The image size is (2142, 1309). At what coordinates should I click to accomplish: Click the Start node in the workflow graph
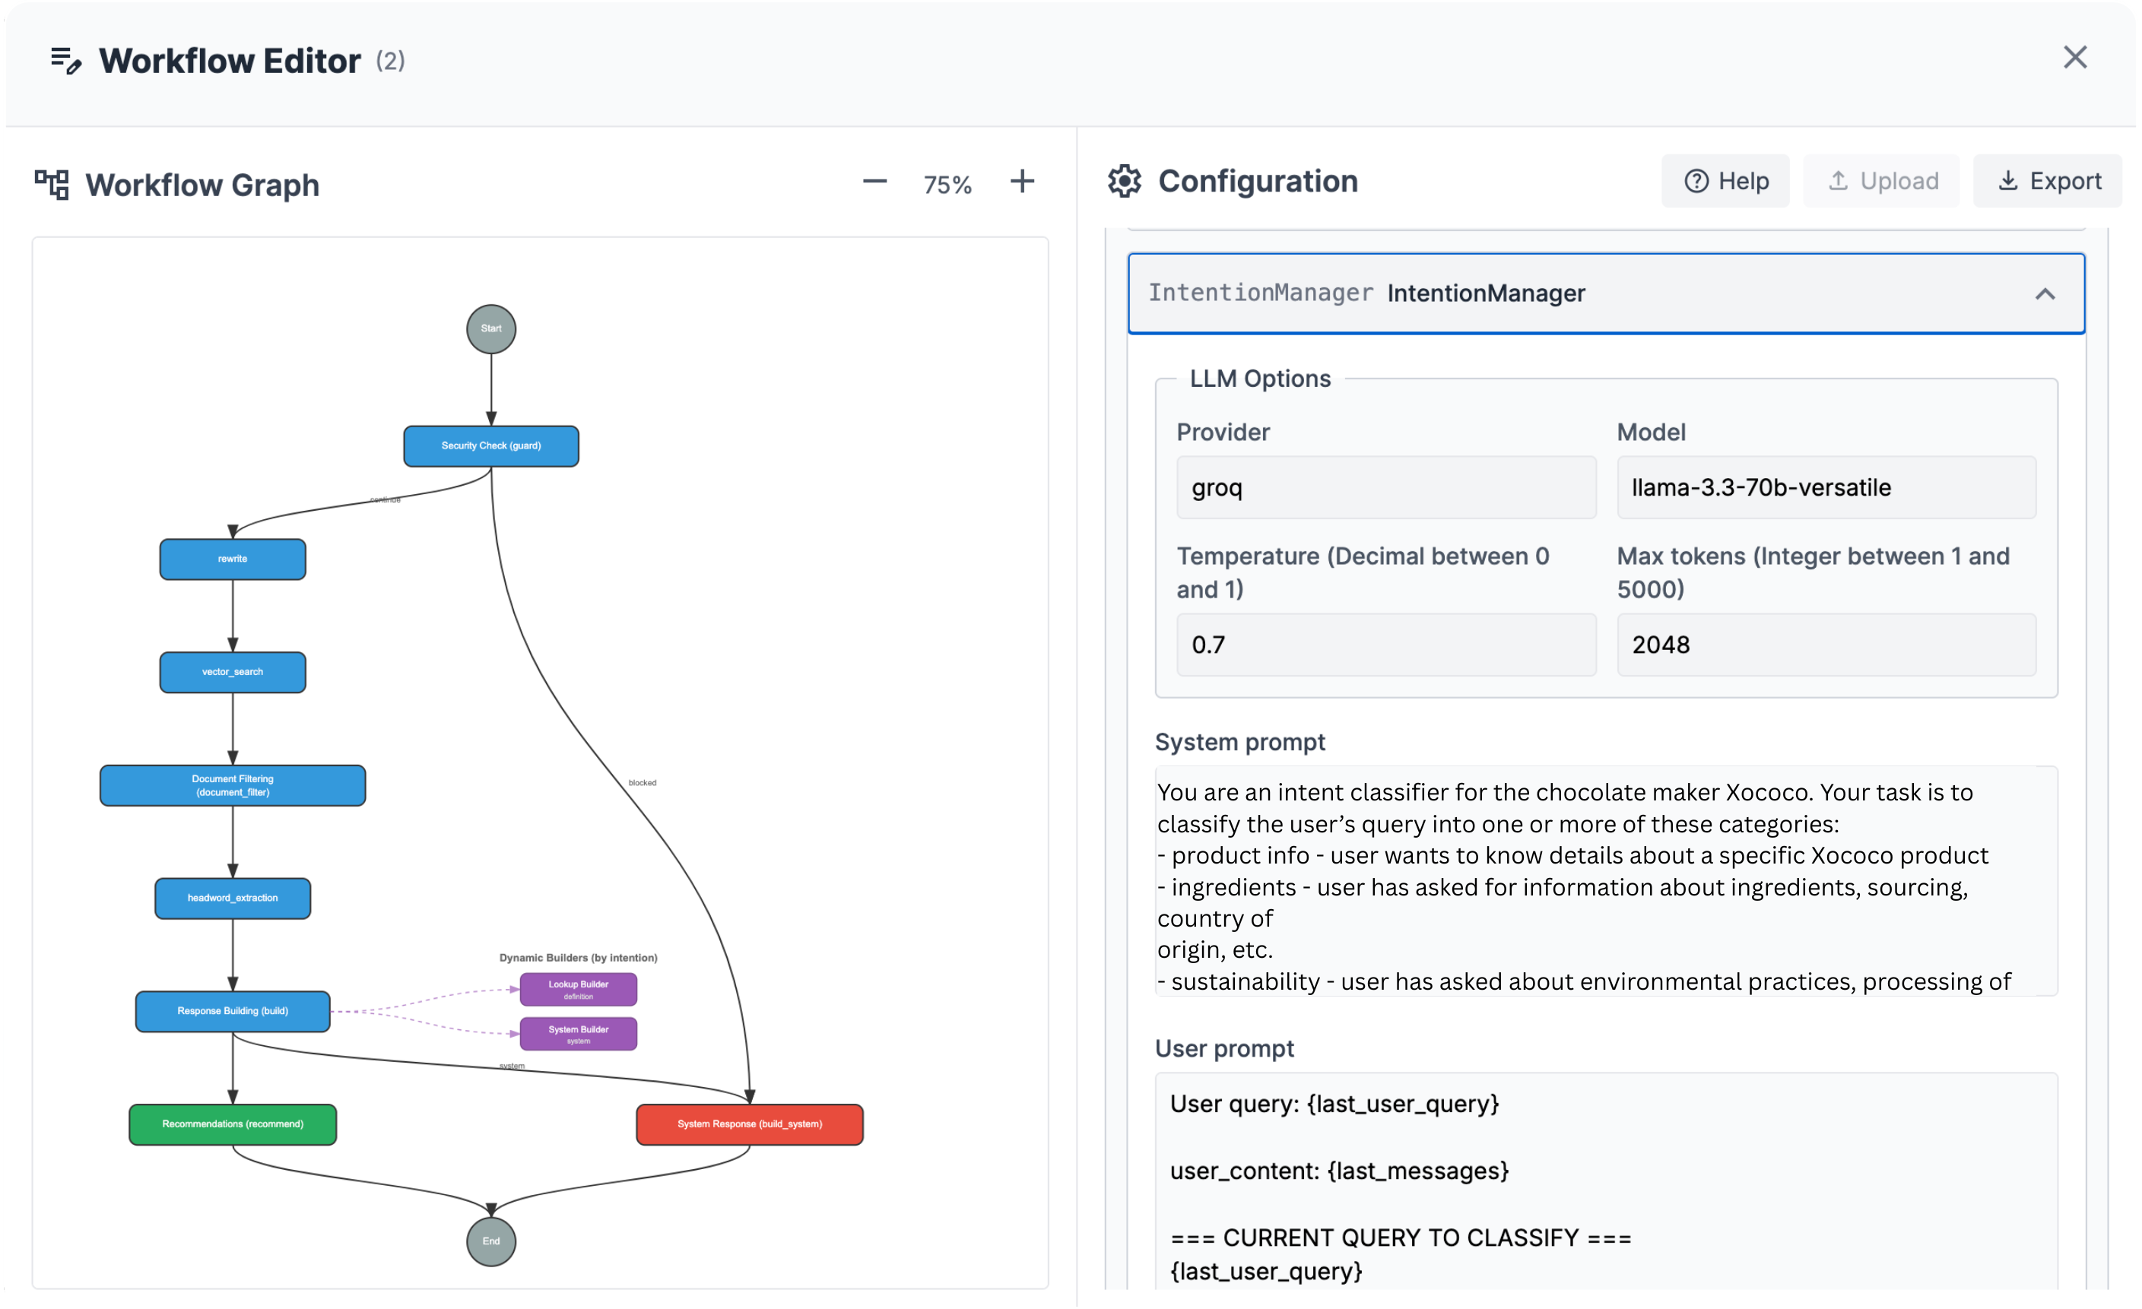[491, 328]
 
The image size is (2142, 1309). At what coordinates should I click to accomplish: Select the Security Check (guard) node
[491, 446]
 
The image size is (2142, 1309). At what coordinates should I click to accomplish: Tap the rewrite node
[232, 559]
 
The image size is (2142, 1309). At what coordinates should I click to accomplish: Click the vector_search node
[232, 672]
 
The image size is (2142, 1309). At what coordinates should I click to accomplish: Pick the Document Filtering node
[232, 786]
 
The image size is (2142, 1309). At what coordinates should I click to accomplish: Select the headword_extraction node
[232, 898]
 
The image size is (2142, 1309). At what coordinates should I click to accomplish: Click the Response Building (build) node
[232, 1011]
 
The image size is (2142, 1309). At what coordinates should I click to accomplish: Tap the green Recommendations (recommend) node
[232, 1124]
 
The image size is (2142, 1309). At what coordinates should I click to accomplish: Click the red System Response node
[749, 1124]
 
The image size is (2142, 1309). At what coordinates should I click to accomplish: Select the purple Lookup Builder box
[578, 989]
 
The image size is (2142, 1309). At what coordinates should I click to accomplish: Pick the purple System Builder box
[578, 1034]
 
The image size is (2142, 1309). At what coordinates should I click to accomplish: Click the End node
[491, 1241]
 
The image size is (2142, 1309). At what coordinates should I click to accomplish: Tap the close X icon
[2075, 57]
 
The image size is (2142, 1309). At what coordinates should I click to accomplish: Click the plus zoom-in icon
[1022, 182]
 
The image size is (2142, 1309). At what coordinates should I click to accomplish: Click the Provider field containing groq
[1385, 487]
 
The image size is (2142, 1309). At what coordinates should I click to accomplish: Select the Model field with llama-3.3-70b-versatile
[1826, 487]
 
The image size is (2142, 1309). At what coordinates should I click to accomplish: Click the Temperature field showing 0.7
[1385, 645]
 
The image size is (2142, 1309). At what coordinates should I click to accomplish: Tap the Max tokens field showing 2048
[1826, 645]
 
